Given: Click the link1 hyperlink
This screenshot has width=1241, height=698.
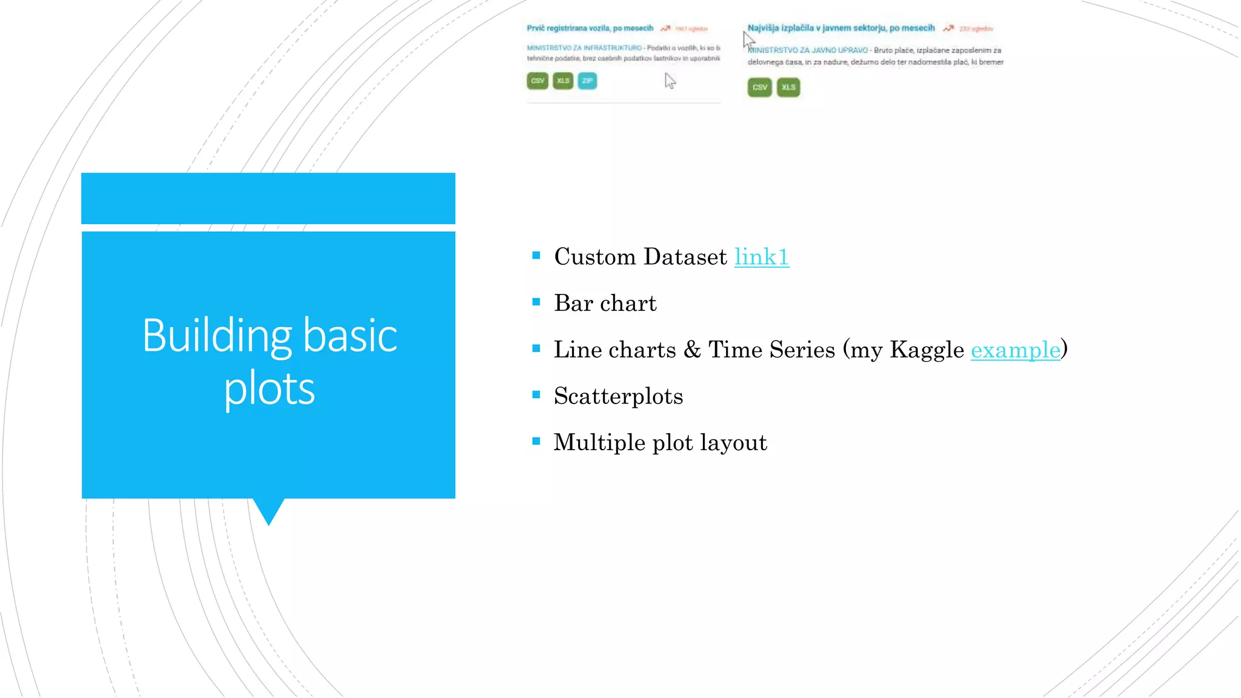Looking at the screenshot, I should [761, 257].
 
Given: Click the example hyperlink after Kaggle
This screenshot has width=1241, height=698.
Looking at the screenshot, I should [1015, 350].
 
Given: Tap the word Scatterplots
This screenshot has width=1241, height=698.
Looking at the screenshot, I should [618, 396].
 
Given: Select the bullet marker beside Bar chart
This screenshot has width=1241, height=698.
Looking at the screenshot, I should [536, 302].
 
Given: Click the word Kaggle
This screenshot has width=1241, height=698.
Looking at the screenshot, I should [926, 350].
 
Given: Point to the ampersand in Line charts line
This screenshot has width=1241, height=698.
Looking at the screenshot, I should [692, 350].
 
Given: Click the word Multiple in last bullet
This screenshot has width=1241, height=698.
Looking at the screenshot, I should [599, 442].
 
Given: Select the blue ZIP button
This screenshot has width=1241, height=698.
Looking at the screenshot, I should [587, 81].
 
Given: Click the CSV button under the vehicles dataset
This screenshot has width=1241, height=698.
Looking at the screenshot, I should [537, 81].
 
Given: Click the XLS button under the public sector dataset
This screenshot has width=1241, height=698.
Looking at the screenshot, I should [788, 87].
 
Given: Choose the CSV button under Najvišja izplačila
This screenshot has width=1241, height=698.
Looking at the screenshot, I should [759, 87].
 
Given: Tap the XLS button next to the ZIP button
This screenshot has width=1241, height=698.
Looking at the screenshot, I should [563, 81].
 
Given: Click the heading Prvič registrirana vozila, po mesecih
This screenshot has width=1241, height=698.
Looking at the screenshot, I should [590, 28].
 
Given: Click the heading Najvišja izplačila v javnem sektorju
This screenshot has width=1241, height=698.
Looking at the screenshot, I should [840, 28].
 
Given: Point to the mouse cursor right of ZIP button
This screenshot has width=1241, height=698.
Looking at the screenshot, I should [669, 81].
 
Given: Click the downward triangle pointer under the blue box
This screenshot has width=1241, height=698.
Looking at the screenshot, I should [268, 510].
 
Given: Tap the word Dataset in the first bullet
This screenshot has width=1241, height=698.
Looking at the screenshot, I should [685, 257].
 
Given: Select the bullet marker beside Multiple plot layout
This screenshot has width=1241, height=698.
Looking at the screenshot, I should [536, 441].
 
